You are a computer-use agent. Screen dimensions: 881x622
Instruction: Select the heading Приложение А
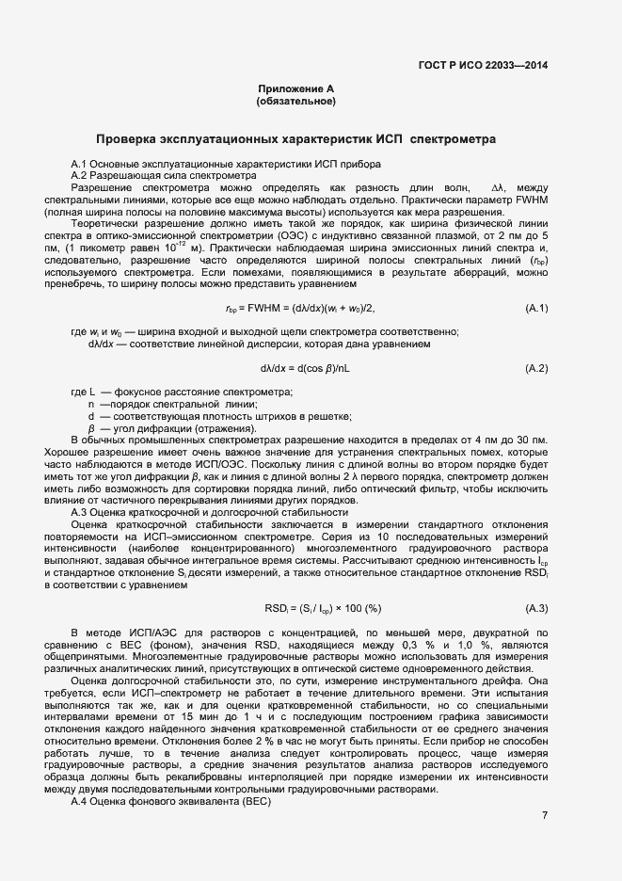(x=296, y=88)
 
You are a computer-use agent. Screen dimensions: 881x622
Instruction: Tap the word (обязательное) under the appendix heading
(x=296, y=101)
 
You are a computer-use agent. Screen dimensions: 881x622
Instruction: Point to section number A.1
(x=79, y=164)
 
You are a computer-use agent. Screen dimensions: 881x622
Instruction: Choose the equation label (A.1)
(x=536, y=309)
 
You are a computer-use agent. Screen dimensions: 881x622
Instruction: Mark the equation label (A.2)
(x=536, y=367)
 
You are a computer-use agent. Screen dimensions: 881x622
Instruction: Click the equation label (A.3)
(x=536, y=607)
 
